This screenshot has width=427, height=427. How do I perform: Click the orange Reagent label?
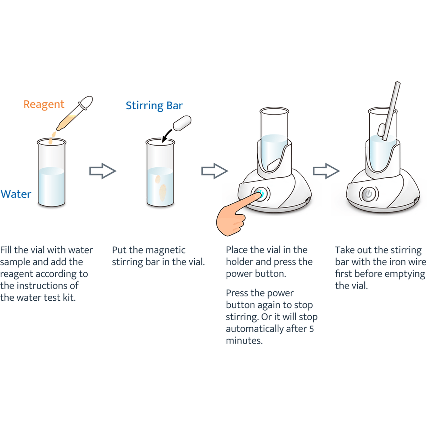(44, 105)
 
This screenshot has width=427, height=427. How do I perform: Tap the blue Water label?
(16, 194)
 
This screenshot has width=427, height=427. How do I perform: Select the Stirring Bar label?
(154, 106)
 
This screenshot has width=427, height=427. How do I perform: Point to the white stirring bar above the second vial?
(182, 123)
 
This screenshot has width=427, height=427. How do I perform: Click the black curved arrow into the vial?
(167, 135)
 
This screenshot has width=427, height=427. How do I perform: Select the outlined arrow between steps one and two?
(102, 171)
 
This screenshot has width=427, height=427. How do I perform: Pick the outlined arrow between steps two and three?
(215, 171)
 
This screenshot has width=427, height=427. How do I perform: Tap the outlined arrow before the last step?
(326, 171)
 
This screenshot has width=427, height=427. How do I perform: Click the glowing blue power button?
(261, 194)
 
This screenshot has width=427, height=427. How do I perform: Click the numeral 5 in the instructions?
(311, 329)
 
